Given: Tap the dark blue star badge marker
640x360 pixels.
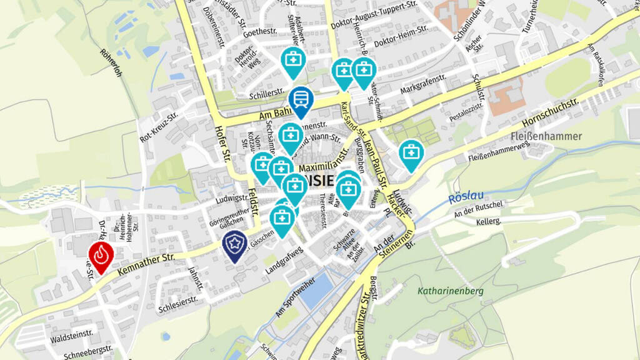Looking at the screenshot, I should (234, 244).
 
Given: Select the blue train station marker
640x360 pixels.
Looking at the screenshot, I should (301, 100).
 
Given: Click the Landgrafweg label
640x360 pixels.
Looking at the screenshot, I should (284, 261).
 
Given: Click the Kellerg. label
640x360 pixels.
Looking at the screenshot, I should (488, 222).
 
